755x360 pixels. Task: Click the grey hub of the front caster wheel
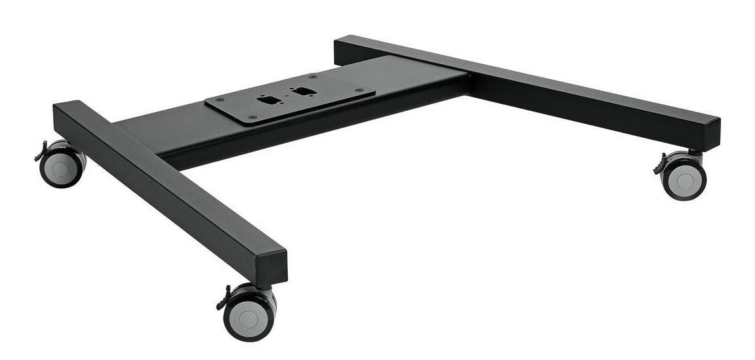coord(248,319)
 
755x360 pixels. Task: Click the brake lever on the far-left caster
coord(40,155)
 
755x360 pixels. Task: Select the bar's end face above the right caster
coord(710,135)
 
